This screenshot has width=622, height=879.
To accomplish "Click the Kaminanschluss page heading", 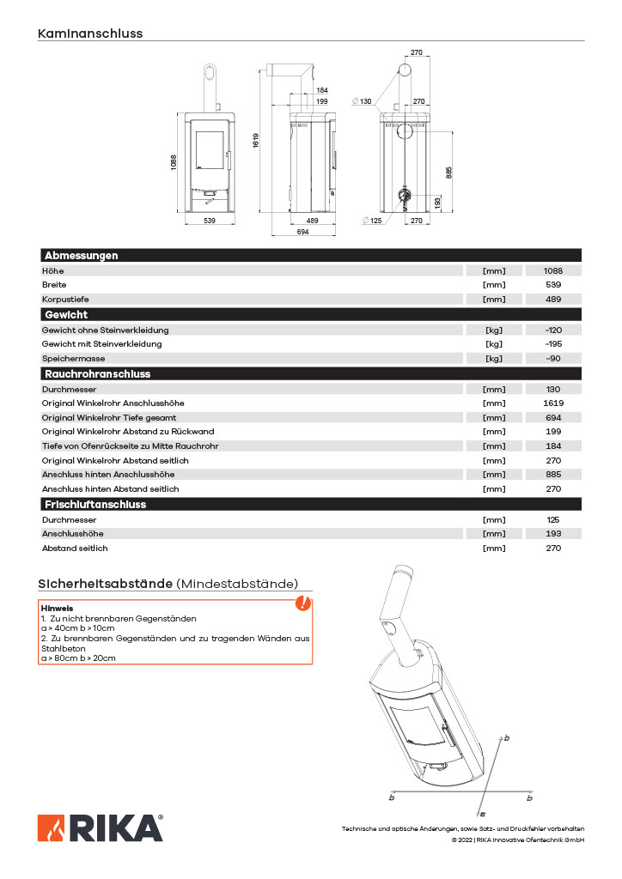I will [90, 33].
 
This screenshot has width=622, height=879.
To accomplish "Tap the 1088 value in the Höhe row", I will [553, 270].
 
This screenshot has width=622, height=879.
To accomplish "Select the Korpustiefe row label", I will [65, 299].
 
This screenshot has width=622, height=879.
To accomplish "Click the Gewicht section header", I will [66, 314].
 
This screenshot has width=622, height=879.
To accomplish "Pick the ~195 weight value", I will [553, 344].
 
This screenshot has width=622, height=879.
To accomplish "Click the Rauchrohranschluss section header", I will [97, 374].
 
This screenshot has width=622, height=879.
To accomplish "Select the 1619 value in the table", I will [553, 403].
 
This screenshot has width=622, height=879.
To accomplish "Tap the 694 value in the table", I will [553, 417].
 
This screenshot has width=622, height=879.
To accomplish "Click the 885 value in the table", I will [553, 474].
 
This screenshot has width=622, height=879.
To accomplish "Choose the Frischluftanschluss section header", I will [95, 505].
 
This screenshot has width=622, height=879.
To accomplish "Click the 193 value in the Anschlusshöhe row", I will [553, 534].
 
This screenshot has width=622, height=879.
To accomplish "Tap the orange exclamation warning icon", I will [302, 603].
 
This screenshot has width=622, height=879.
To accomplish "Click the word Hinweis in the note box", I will [57, 608].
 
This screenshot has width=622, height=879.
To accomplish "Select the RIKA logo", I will [100, 828].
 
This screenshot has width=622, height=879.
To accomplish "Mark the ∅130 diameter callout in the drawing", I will [362, 101].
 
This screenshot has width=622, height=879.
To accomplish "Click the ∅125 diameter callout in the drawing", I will [372, 221].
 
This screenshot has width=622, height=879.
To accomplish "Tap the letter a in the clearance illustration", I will [483, 813].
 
